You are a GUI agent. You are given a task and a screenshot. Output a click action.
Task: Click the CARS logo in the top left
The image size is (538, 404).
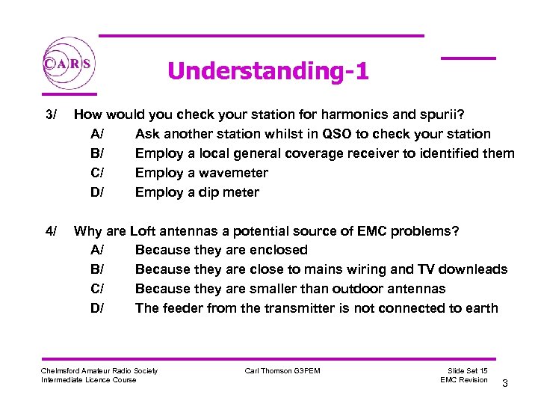point(68,64)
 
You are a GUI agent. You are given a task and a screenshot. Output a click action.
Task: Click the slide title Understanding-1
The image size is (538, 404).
point(268,71)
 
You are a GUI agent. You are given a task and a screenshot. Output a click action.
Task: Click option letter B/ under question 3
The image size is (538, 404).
point(98,153)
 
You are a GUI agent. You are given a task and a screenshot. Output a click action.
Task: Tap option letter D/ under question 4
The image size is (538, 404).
point(98,308)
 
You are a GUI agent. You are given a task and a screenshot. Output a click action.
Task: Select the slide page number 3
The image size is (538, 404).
point(505,384)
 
